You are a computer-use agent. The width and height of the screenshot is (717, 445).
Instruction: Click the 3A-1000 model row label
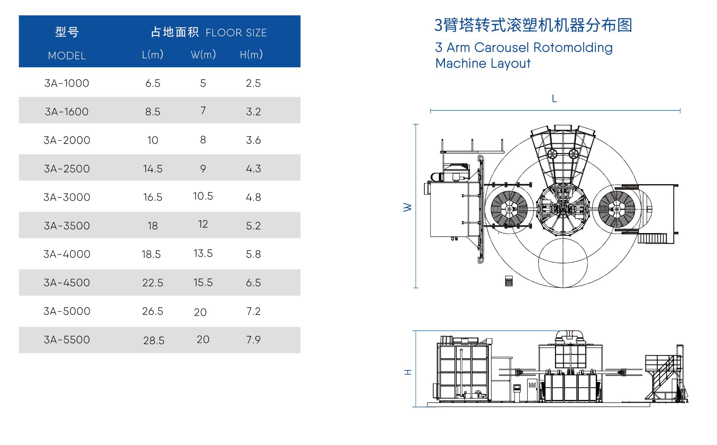click(67, 83)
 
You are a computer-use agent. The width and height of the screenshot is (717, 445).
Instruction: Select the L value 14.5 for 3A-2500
click(153, 169)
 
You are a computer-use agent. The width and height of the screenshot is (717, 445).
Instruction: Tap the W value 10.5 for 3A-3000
click(203, 196)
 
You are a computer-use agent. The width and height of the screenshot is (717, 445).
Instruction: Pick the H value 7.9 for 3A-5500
click(253, 339)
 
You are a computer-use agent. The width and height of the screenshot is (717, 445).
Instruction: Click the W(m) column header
click(203, 54)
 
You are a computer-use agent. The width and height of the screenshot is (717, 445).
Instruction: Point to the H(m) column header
click(251, 54)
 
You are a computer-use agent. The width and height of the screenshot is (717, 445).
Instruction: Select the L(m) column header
click(153, 54)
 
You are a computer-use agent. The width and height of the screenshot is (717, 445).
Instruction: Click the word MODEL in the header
click(67, 56)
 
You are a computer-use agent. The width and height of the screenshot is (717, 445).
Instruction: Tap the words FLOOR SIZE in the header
click(236, 33)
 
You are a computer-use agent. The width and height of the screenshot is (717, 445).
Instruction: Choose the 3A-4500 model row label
click(67, 283)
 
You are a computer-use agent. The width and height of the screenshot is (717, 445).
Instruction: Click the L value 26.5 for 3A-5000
click(153, 311)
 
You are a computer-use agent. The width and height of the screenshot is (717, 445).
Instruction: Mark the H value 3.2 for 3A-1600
click(253, 112)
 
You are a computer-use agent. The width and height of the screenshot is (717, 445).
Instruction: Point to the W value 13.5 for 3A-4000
click(203, 253)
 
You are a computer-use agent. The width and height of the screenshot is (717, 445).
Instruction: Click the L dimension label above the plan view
click(554, 99)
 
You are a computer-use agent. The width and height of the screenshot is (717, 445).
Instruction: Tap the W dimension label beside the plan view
click(408, 207)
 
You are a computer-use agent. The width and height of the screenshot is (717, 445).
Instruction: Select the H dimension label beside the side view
click(408, 372)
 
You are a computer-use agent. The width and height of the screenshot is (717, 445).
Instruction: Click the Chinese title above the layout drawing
click(533, 25)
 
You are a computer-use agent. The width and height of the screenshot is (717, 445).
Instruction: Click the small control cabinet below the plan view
click(509, 281)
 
